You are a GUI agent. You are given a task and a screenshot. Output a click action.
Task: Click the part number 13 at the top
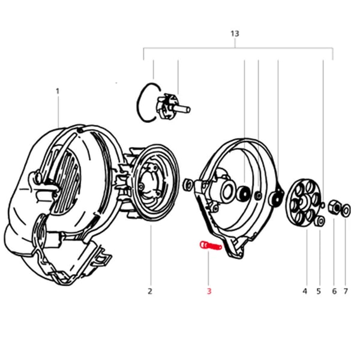[235, 34]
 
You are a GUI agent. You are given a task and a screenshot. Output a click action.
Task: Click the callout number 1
[58, 91]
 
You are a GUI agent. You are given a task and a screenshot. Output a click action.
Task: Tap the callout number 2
[150, 292]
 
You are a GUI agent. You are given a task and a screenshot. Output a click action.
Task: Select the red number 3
[209, 292]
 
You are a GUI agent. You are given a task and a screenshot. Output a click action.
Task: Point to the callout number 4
[305, 292]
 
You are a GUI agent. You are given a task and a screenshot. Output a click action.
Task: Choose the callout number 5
[319, 292]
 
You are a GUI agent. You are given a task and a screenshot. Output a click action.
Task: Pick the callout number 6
[334, 292]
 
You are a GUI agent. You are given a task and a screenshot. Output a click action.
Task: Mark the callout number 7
[345, 292]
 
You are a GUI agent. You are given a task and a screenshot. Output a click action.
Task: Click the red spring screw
[209, 245]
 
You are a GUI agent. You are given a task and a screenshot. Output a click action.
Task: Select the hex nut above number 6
[336, 208]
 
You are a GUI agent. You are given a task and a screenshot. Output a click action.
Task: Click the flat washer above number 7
[347, 210]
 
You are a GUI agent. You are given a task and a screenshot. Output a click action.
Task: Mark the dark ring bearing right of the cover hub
[244, 194]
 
